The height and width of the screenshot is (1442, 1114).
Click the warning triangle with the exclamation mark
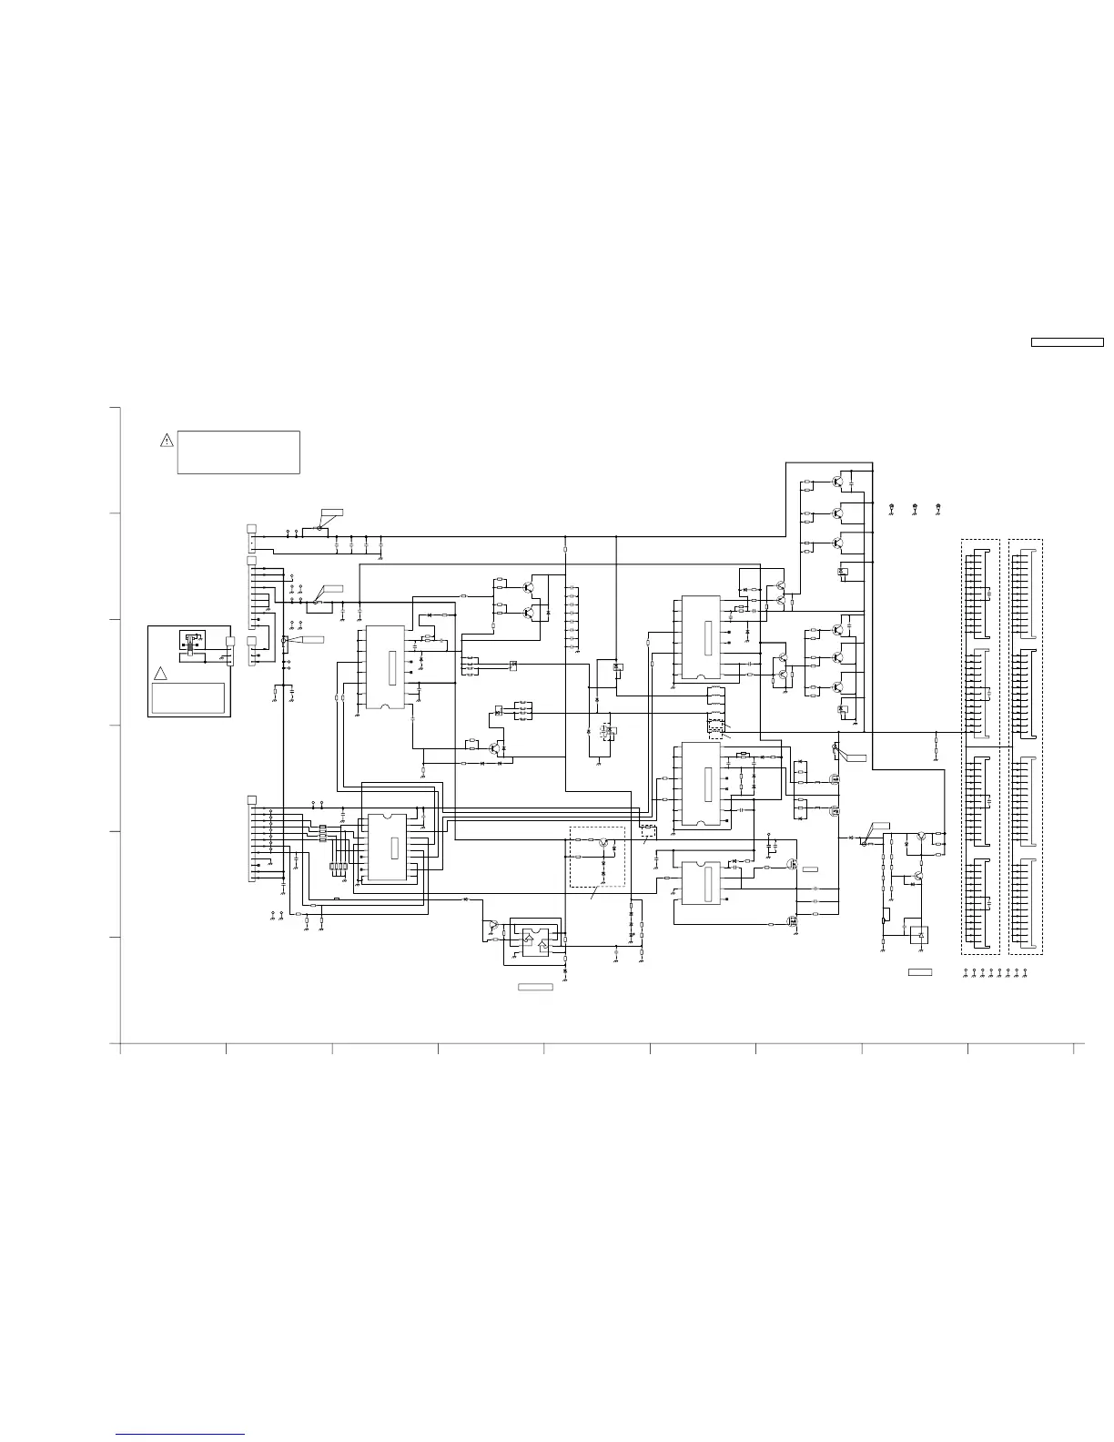pos(167,441)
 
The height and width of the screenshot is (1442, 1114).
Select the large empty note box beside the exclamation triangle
pos(238,452)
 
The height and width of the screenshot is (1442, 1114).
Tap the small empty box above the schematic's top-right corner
pos(1066,343)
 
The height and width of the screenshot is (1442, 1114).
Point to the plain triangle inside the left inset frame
pos(160,674)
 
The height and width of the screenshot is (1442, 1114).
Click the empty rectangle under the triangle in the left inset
pos(187,697)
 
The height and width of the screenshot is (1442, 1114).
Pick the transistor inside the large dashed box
pos(603,844)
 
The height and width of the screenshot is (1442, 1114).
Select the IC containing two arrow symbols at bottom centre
pos(535,939)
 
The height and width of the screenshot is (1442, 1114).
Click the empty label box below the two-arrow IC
pos(535,987)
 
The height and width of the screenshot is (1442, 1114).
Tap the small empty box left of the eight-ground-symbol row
pos(920,973)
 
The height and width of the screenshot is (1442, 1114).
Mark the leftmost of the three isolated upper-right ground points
pos(892,506)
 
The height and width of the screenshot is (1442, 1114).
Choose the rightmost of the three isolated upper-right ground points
pos(938,506)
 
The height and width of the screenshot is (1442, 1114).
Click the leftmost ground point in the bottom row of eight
pos(966,973)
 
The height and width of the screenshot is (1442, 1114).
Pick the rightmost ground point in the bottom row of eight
pos(1026,973)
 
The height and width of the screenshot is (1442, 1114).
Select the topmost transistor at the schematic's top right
pos(837,481)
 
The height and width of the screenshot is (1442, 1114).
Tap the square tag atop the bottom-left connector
pos(251,799)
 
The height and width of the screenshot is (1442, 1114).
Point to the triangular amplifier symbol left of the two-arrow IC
pos(491,926)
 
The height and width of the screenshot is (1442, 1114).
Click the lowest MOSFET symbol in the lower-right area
pos(794,920)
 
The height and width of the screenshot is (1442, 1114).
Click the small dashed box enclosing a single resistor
pos(648,831)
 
